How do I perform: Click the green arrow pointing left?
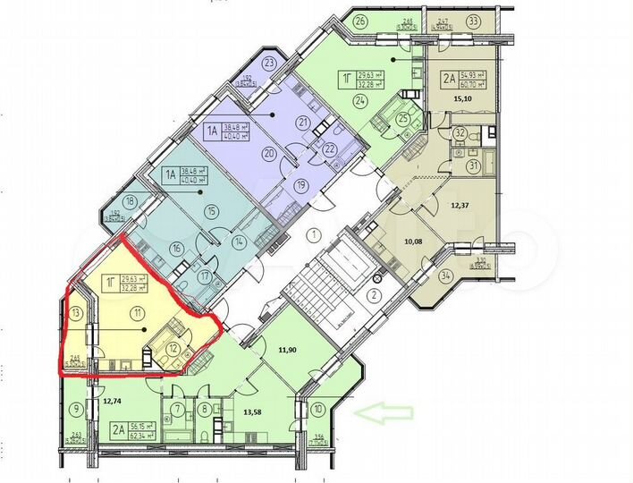[384, 412]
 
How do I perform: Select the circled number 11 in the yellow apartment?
[137, 313]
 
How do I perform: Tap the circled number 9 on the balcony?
[76, 411]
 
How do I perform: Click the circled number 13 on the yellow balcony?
[76, 312]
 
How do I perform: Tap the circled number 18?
[131, 202]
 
